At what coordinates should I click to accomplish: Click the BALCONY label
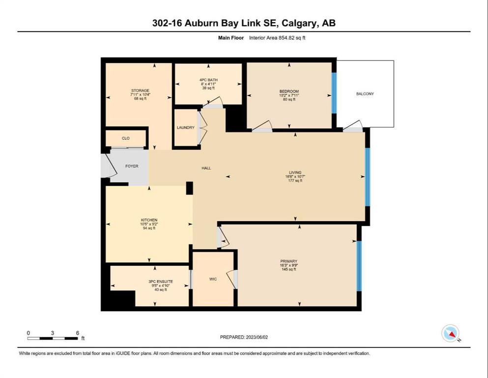(x=365, y=94)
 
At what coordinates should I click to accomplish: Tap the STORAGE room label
(x=140, y=91)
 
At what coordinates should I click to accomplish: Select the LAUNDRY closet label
(x=185, y=127)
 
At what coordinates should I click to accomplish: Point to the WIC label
(x=213, y=279)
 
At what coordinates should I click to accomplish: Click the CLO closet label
(x=126, y=138)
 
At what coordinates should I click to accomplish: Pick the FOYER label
(x=132, y=166)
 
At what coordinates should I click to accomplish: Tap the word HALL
(x=206, y=168)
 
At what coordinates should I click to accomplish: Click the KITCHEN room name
(x=149, y=220)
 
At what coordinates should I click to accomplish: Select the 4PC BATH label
(x=208, y=80)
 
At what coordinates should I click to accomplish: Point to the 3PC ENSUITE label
(x=161, y=282)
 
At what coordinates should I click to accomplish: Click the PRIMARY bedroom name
(x=289, y=261)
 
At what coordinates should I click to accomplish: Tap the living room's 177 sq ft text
(x=295, y=181)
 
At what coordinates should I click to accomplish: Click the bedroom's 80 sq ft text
(x=289, y=99)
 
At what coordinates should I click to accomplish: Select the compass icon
(x=451, y=333)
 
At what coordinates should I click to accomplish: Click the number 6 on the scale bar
(x=78, y=333)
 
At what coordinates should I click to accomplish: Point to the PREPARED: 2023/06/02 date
(x=244, y=337)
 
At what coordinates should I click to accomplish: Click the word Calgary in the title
(x=300, y=23)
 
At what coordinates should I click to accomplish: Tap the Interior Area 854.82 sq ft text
(x=277, y=38)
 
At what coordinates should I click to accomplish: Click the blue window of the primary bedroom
(x=359, y=266)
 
